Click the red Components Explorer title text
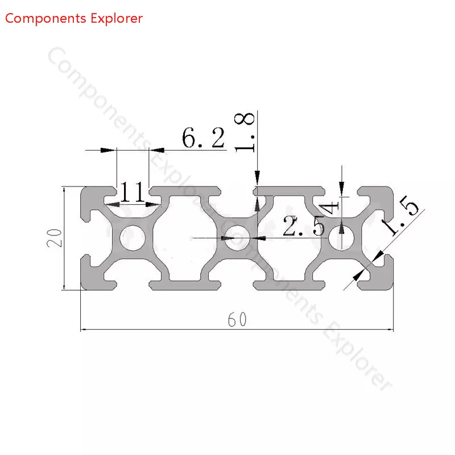74,19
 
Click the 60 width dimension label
237,320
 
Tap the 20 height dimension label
55,238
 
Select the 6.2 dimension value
204,138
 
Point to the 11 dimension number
133,192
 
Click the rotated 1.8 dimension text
245,132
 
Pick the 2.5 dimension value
304,225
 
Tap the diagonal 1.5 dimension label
400,215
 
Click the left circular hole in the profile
133,238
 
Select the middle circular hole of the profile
237,238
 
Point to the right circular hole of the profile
342,238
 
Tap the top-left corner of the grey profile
81,187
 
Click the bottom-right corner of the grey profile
393,289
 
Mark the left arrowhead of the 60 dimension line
83,330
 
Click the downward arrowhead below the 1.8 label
258,177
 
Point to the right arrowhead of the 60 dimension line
390,330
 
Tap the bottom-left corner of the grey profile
81,289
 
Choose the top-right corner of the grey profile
393,187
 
